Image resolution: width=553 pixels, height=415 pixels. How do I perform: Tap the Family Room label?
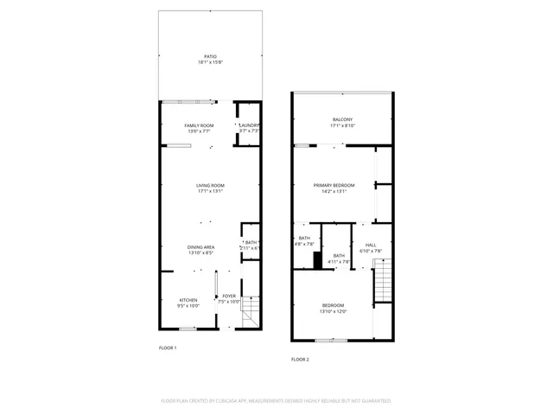pos(200,125)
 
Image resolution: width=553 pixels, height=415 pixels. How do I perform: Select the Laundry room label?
pos(249,125)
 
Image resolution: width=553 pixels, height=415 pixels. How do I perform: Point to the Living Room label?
pos(210,185)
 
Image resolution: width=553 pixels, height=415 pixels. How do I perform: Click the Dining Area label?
pos(200,247)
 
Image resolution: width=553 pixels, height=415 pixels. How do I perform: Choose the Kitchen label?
pos(188,300)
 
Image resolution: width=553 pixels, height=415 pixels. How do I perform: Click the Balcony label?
pos(343,119)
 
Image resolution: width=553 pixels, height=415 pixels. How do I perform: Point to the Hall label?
pos(371,245)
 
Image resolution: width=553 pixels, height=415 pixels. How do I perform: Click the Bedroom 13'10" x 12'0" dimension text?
pos(334,311)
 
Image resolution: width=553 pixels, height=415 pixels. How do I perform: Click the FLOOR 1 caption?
pos(168,348)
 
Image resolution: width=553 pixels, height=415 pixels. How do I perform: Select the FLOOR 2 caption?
pos(300,359)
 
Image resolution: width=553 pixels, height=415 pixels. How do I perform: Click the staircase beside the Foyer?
pos(250,311)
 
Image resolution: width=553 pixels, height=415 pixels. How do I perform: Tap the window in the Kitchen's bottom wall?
pos(188,329)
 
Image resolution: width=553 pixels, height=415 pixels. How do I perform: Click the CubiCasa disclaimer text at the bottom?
pos(276,401)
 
